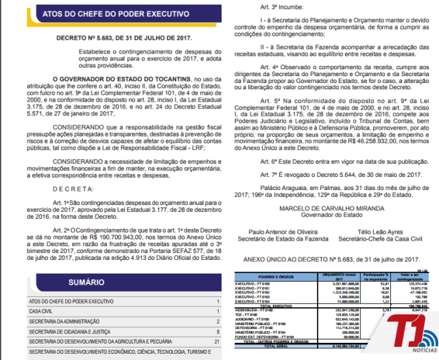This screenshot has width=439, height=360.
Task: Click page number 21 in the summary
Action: click(216, 341)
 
